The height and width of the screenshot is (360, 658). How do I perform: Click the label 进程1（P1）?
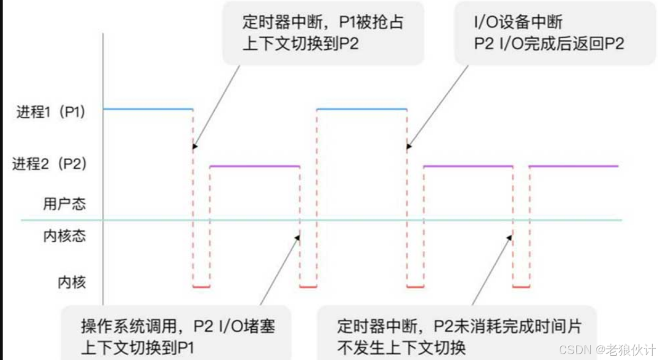[50, 113]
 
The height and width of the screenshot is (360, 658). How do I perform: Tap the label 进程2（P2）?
[49, 164]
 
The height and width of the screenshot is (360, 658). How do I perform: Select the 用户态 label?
[64, 204]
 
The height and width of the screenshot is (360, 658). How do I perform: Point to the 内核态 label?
[64, 236]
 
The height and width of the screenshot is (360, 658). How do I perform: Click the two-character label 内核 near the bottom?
[72, 283]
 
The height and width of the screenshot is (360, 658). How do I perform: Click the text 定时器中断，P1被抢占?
[322, 22]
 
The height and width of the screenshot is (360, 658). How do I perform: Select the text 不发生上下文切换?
[401, 348]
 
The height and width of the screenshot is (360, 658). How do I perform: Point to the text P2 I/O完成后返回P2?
[549, 43]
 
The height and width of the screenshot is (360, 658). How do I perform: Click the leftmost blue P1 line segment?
[148, 109]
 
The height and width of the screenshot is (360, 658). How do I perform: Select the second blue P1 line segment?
[362, 109]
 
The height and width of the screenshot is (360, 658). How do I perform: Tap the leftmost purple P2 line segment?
[255, 166]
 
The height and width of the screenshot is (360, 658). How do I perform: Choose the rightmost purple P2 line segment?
[574, 166]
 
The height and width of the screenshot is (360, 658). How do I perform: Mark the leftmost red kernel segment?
[201, 287]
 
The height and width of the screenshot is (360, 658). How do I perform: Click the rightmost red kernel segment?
[521, 287]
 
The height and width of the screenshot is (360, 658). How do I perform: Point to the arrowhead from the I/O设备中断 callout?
[408, 148]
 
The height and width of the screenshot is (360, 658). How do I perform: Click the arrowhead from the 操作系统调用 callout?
[298, 238]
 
